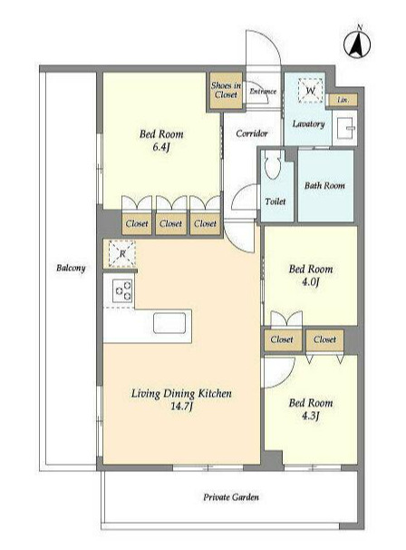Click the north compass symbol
tap(357, 44)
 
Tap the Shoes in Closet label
tap(226, 90)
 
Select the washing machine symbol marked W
tap(310, 91)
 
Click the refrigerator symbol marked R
tap(121, 253)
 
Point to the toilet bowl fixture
tap(274, 164)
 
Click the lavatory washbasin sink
tap(346, 127)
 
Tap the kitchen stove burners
tap(122, 290)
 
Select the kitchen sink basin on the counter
tap(169, 323)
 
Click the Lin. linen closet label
tap(343, 100)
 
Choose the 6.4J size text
tap(160, 147)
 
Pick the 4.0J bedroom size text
tap(310, 282)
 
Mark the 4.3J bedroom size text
tap(310, 416)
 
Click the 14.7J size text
tap(181, 407)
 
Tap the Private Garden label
tap(231, 497)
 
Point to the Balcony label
tap(71, 268)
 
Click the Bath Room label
tap(324, 185)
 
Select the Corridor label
tap(252, 133)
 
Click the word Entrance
tap(263, 91)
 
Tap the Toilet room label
tap(275, 201)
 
